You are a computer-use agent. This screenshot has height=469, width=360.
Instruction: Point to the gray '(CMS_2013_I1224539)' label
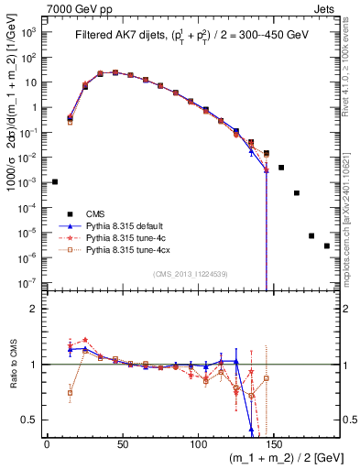(x=191, y=273)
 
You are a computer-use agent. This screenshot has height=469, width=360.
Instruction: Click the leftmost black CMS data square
(x=55, y=181)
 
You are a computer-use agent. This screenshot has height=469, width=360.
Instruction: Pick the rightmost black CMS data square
(x=327, y=245)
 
